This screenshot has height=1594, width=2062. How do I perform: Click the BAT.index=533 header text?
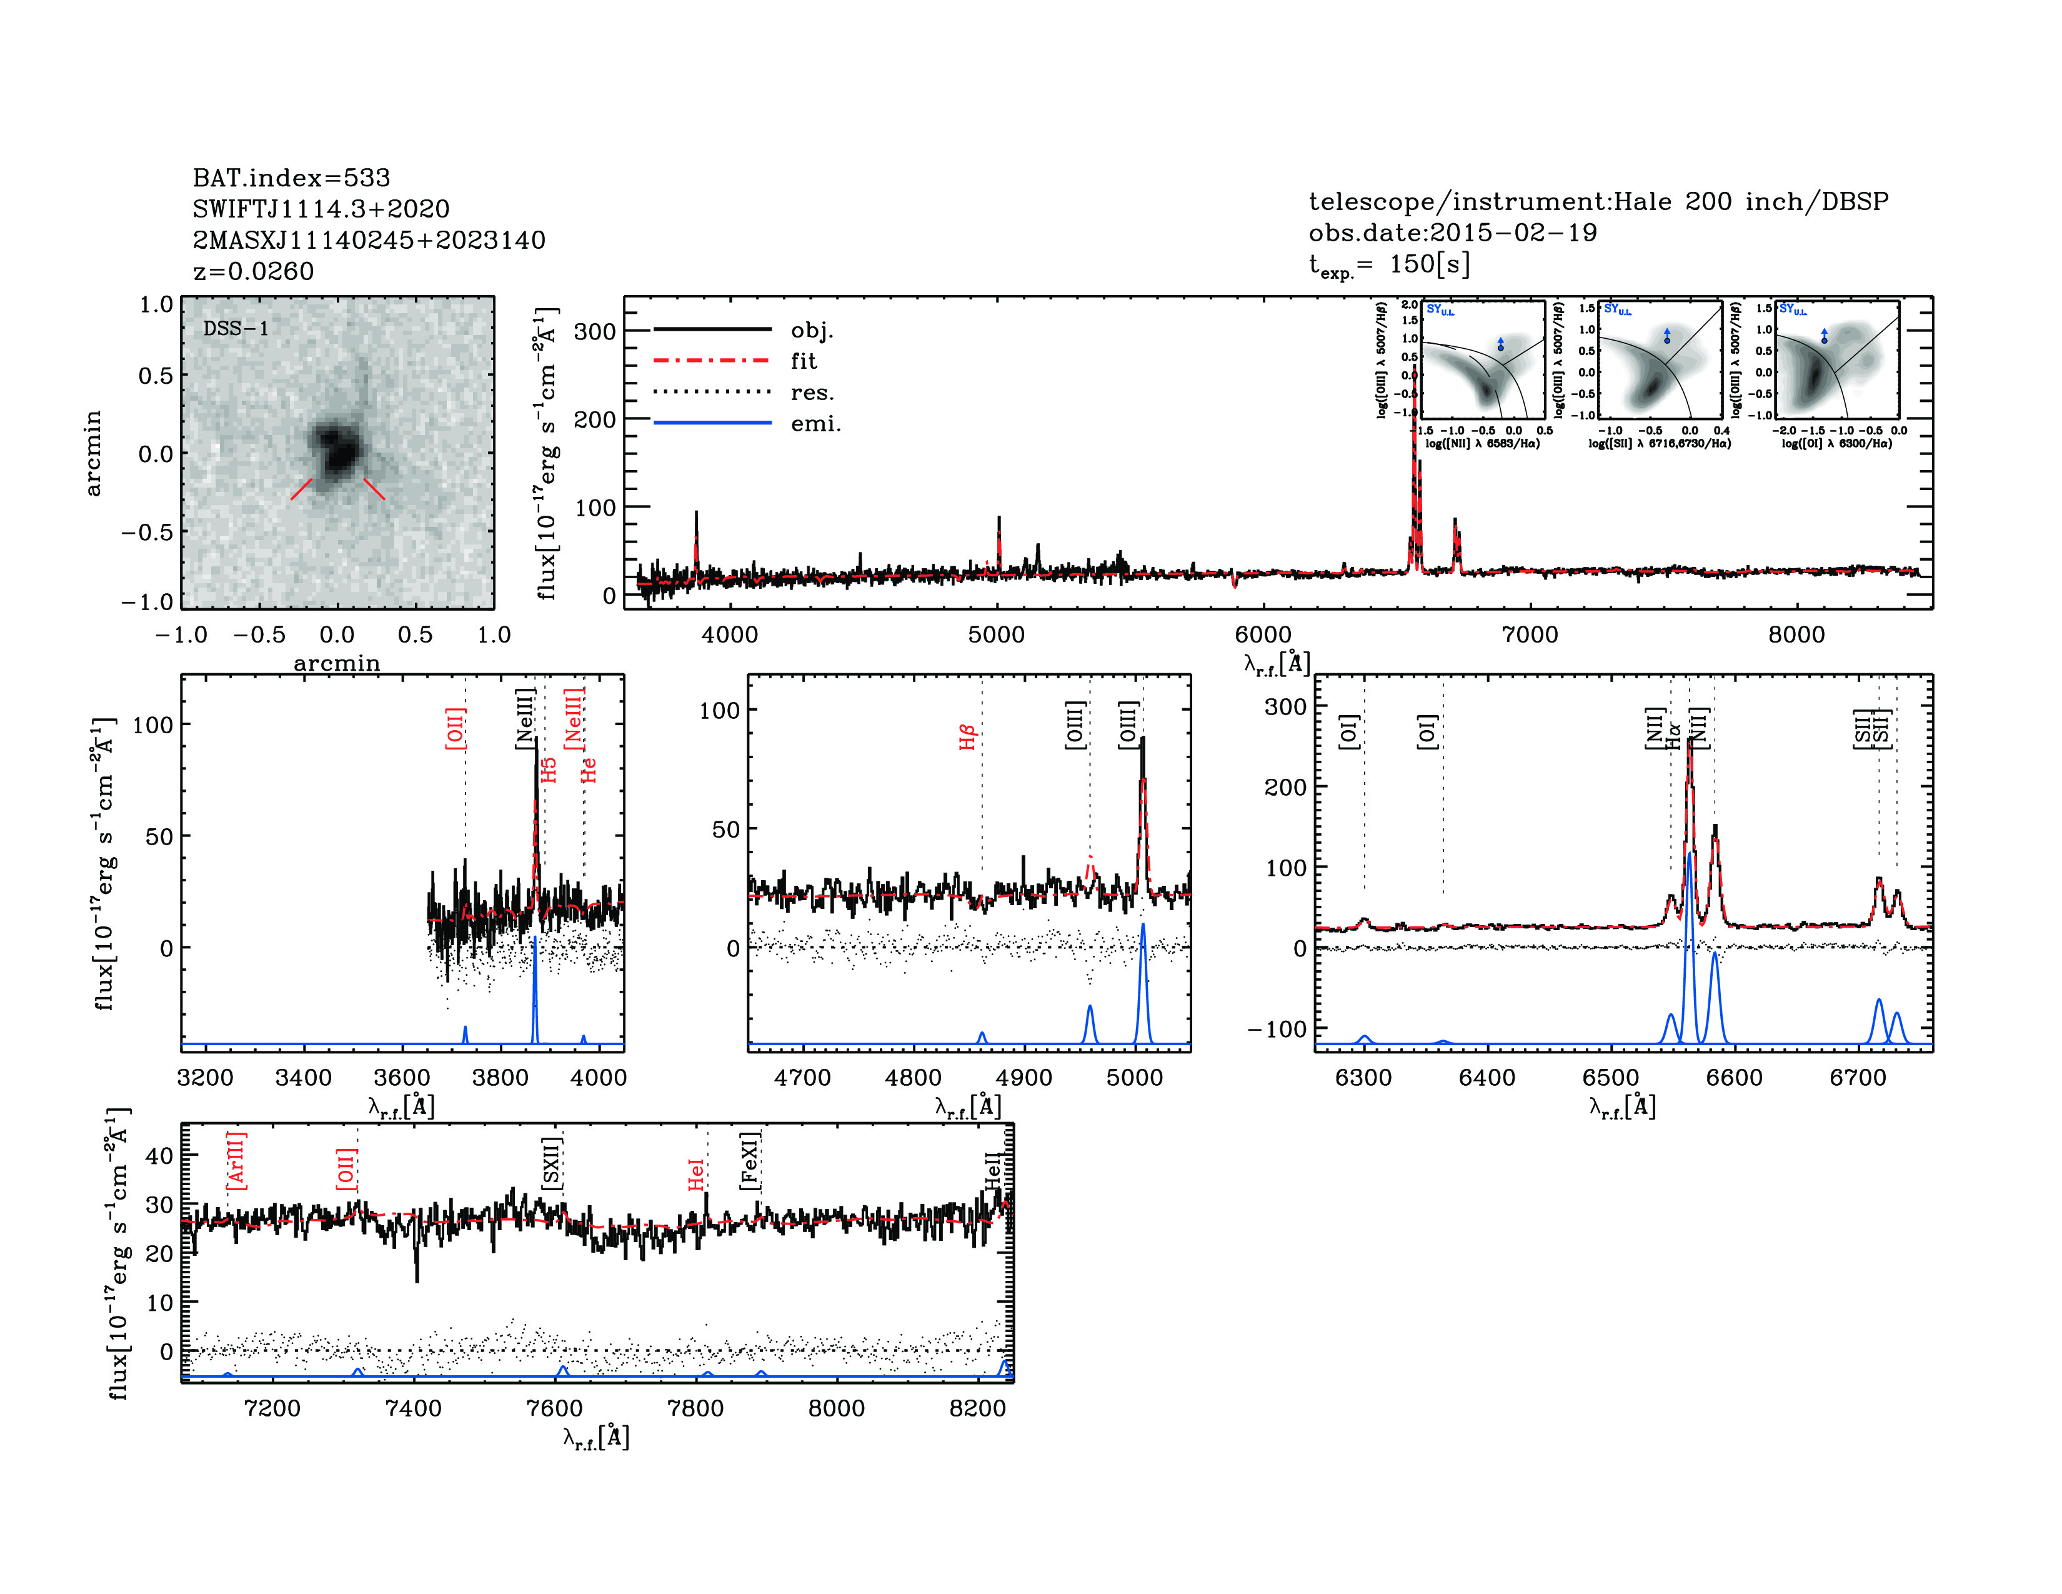point(291,178)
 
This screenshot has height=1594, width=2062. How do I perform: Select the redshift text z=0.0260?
point(253,271)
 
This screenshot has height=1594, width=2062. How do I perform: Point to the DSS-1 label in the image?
point(236,329)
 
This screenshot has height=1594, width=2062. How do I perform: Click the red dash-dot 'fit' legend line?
point(713,361)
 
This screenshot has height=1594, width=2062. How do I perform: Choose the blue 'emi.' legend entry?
point(815,424)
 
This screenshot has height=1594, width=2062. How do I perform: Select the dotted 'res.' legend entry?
point(812,393)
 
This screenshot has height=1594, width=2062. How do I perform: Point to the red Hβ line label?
point(967,736)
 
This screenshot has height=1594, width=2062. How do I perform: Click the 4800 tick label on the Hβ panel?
point(913,1078)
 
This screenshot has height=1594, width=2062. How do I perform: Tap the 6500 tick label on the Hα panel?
point(1611,1078)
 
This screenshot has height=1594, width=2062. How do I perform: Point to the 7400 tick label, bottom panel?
point(414,1408)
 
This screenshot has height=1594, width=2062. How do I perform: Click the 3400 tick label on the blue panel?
point(303,1078)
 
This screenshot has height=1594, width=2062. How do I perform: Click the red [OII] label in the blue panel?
point(455,728)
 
